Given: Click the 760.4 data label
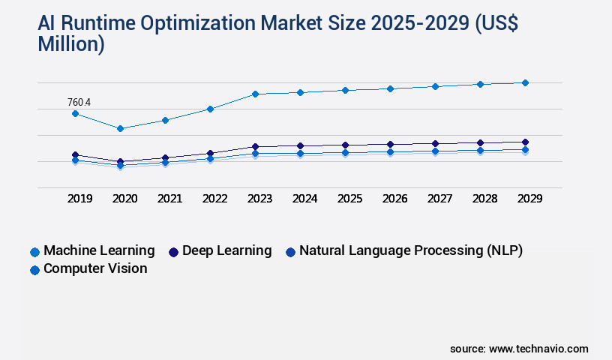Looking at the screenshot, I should (x=79, y=102).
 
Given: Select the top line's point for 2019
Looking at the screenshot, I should (x=75, y=113).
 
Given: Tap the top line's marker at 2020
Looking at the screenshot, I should (x=120, y=128).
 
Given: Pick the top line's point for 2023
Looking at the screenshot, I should (x=255, y=94).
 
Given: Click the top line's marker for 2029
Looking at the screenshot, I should (x=525, y=82).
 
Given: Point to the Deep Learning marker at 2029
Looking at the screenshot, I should (x=525, y=142).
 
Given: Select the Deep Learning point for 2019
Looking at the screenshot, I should (x=75, y=154).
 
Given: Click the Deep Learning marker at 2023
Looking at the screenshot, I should (x=255, y=146).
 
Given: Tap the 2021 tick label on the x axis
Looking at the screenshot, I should (x=169, y=199).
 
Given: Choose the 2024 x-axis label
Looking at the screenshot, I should (x=304, y=199).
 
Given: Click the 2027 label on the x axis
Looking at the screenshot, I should (x=439, y=199).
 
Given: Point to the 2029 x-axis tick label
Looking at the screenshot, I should (x=529, y=199).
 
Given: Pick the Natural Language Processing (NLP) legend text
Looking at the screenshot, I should (x=410, y=250).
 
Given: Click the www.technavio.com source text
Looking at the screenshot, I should (x=538, y=349).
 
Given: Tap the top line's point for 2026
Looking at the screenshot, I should (x=390, y=88).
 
